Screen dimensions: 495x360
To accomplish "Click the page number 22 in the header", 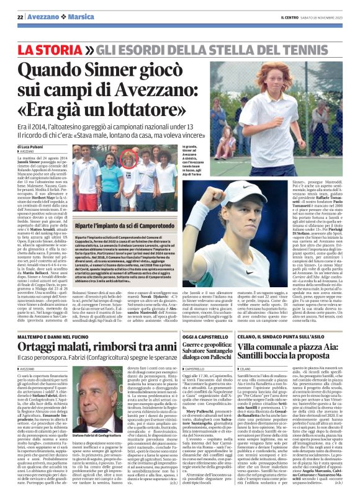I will (x=20, y=16).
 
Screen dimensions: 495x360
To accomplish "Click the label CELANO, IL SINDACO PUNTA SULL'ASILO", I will (x=301, y=319).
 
